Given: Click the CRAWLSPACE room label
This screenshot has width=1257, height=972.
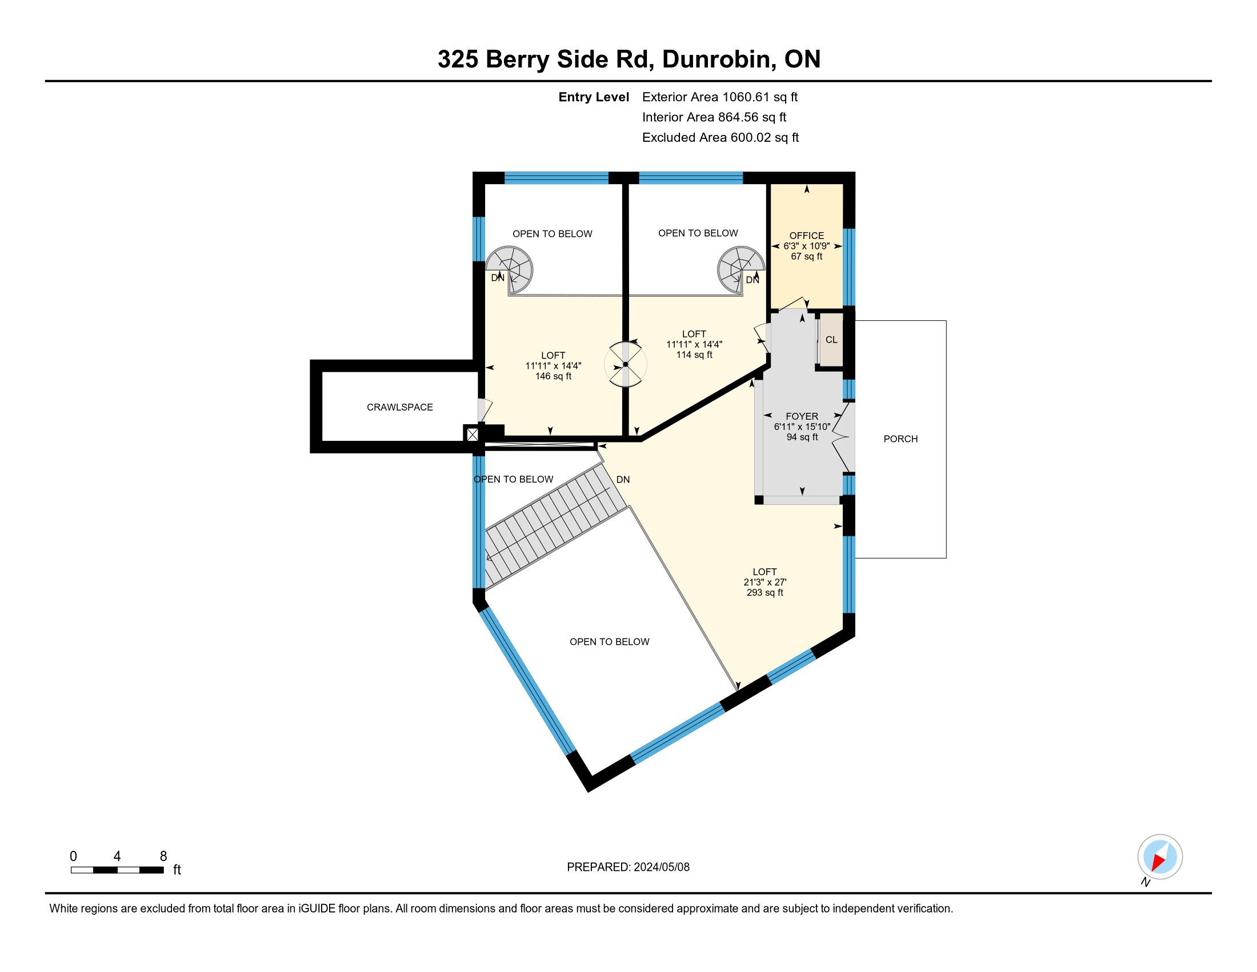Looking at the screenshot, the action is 399,407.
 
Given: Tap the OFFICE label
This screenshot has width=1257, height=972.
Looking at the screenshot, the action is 806,236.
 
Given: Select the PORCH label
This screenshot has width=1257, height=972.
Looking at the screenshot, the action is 900,439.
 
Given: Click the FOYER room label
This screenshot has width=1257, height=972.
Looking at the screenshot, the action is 802,416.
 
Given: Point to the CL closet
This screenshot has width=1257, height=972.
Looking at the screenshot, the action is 831,340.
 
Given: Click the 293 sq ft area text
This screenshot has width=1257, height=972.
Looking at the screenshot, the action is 764,592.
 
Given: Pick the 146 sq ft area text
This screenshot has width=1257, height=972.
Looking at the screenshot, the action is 553,376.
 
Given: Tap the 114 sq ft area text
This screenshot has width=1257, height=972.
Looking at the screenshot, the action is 694,354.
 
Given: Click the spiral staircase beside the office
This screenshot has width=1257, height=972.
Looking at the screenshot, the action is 741,269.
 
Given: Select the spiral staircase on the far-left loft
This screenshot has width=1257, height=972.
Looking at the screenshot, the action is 509,269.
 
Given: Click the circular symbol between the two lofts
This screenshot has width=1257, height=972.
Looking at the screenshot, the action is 625,365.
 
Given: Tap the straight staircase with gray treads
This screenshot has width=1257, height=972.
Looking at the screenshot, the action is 555,527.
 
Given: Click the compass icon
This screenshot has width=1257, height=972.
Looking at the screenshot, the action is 1160,857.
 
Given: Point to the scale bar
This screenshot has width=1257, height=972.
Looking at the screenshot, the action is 117,870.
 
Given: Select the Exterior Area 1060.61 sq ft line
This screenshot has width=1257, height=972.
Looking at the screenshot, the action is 719,97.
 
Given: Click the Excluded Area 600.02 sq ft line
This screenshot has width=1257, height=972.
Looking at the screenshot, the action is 720,137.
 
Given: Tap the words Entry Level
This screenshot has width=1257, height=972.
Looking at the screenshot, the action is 594,97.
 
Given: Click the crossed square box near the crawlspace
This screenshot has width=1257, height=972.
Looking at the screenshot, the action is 472,434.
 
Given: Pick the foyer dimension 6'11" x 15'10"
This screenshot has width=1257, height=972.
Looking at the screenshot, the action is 802,427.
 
